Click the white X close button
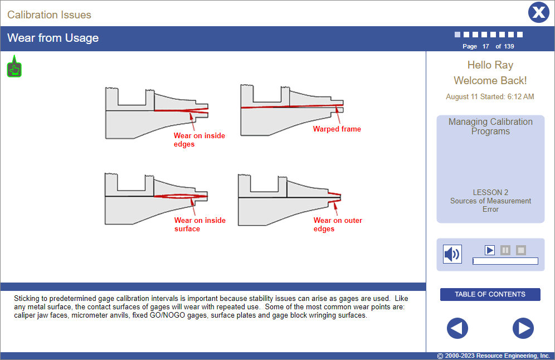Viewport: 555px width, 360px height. [538, 12]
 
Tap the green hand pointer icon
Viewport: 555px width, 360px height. [14, 69]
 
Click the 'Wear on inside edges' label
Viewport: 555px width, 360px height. [199, 140]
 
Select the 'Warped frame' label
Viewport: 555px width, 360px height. [337, 129]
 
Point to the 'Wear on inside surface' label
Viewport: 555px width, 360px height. [199, 225]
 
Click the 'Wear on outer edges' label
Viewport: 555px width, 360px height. [337, 225]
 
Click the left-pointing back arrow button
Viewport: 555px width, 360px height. [457, 328]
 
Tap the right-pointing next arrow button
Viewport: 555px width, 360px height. [523, 328]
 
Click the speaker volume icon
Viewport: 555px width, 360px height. [452, 254]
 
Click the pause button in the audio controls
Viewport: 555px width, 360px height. [505, 250]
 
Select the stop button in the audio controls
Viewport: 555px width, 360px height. [520, 250]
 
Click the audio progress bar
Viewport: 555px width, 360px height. [505, 261]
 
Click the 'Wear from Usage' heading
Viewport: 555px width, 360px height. [53, 38]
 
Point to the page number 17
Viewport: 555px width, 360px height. [485, 46]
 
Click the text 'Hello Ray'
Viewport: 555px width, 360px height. [490, 65]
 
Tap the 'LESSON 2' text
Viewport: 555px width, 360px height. [490, 192]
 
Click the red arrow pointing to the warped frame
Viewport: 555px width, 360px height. [338, 115]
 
